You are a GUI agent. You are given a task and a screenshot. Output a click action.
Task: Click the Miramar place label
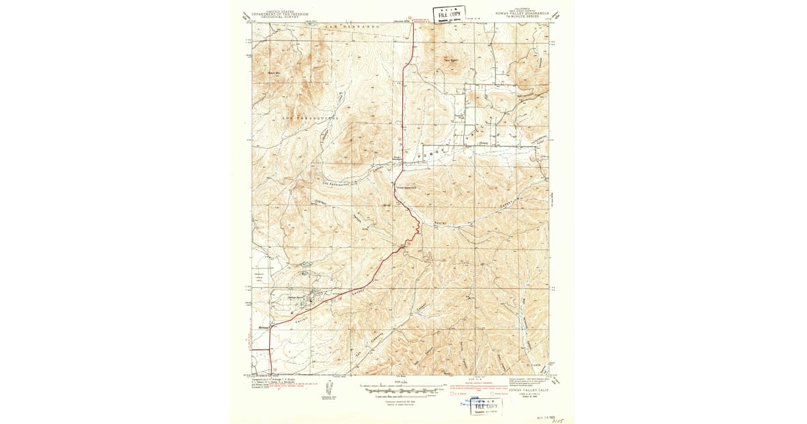pyautogui.click(x=264, y=329)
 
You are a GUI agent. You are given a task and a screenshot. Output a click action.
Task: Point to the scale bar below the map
pyautogui.click(x=403, y=388)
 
